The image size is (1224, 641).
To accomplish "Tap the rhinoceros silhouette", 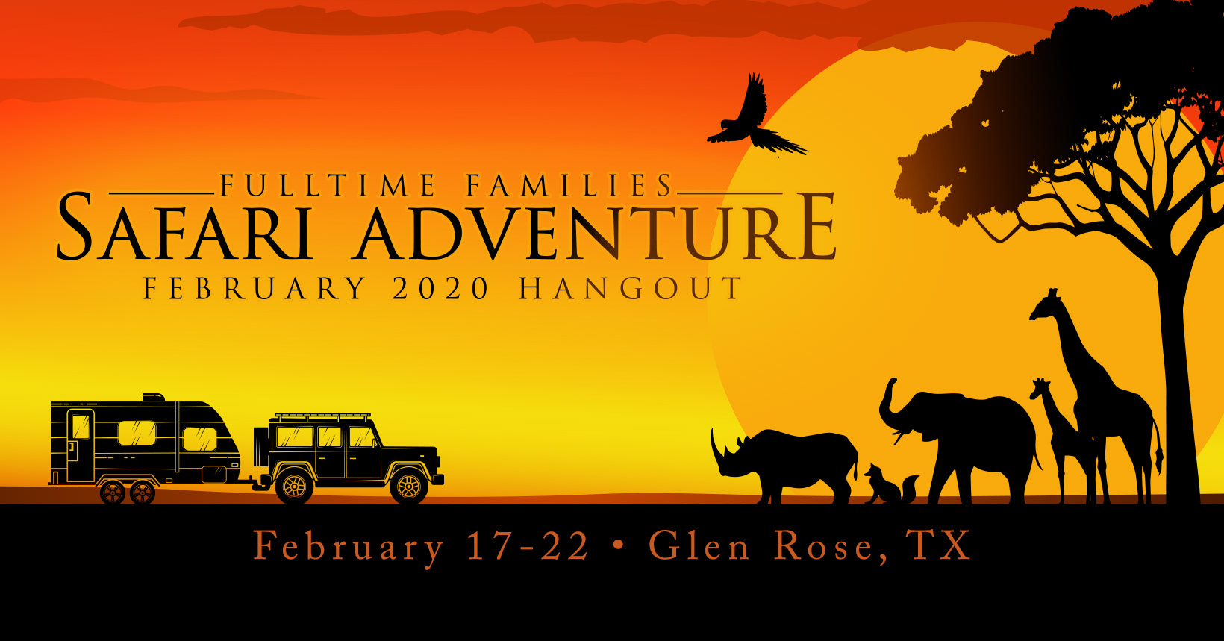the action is (x=787, y=464).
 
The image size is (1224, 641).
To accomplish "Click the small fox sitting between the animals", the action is (x=888, y=487).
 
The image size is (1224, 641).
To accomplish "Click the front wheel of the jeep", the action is (x=408, y=487).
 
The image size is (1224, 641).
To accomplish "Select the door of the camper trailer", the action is (x=81, y=445).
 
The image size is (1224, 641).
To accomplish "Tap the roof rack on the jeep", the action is (x=322, y=417).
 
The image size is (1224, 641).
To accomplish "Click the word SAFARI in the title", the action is (x=186, y=226).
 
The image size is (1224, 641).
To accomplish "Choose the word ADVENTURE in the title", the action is (x=595, y=226).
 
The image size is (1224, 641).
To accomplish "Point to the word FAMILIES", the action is (x=569, y=185).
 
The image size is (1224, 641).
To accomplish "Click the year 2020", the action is (x=440, y=288).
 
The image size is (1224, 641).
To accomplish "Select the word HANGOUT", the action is (x=631, y=288).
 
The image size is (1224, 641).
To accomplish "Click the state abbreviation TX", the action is (x=937, y=545).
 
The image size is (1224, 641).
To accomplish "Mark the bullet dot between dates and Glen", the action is (x=619, y=545).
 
